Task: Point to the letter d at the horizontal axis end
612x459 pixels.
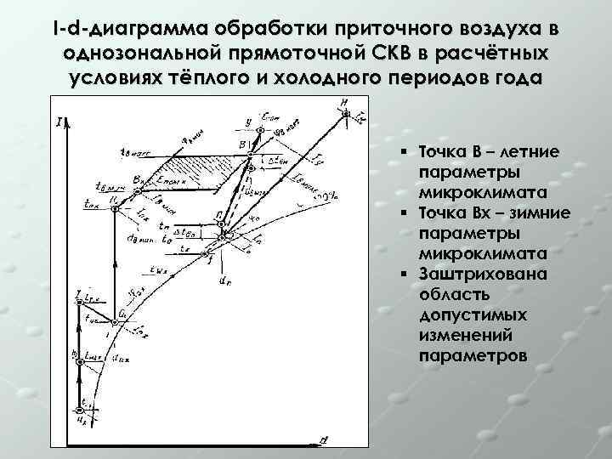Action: coord(324,439)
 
